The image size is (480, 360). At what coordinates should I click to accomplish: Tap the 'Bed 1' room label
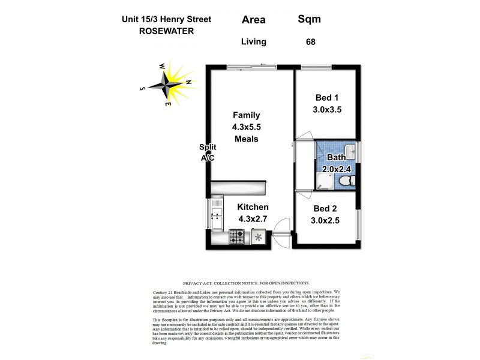pyautogui.click(x=328, y=98)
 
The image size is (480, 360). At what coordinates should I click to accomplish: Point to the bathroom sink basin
pyautogui.click(x=350, y=149)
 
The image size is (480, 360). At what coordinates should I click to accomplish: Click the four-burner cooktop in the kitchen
pyautogui.click(x=236, y=237)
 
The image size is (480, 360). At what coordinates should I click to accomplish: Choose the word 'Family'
pyautogui.click(x=246, y=115)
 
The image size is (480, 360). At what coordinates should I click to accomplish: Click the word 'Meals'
pyautogui.click(x=246, y=139)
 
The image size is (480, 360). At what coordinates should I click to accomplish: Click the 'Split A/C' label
pyautogui.click(x=208, y=152)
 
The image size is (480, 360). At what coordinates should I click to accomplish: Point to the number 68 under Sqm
pyautogui.click(x=310, y=42)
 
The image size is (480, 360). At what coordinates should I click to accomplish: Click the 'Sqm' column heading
pyautogui.click(x=309, y=19)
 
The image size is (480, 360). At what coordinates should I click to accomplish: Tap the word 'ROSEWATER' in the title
pyautogui.click(x=165, y=31)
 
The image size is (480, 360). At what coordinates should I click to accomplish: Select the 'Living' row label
pyautogui.click(x=253, y=42)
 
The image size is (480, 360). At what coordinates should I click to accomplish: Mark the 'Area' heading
pyautogui.click(x=253, y=19)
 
